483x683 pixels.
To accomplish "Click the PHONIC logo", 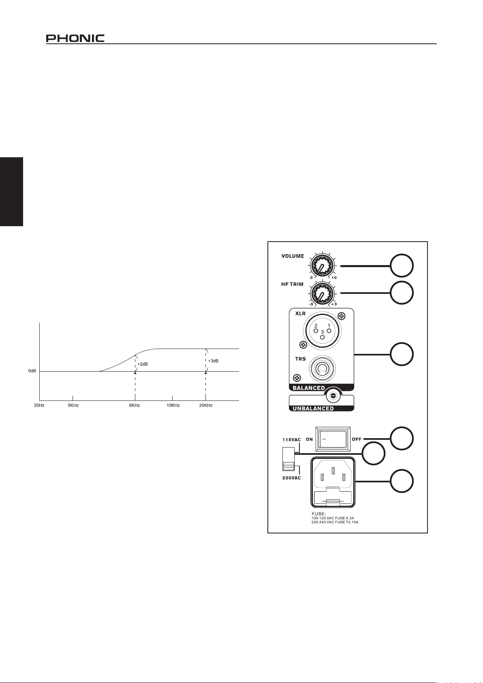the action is tap(75, 38).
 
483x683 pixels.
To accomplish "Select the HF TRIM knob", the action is tap(322, 292).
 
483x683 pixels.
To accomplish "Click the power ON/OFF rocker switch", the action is tap(332, 439).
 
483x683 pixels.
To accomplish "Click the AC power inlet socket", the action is tap(332, 482).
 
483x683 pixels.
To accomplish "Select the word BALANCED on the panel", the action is tap(309, 388).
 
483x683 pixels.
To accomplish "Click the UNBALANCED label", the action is tap(313, 409).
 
